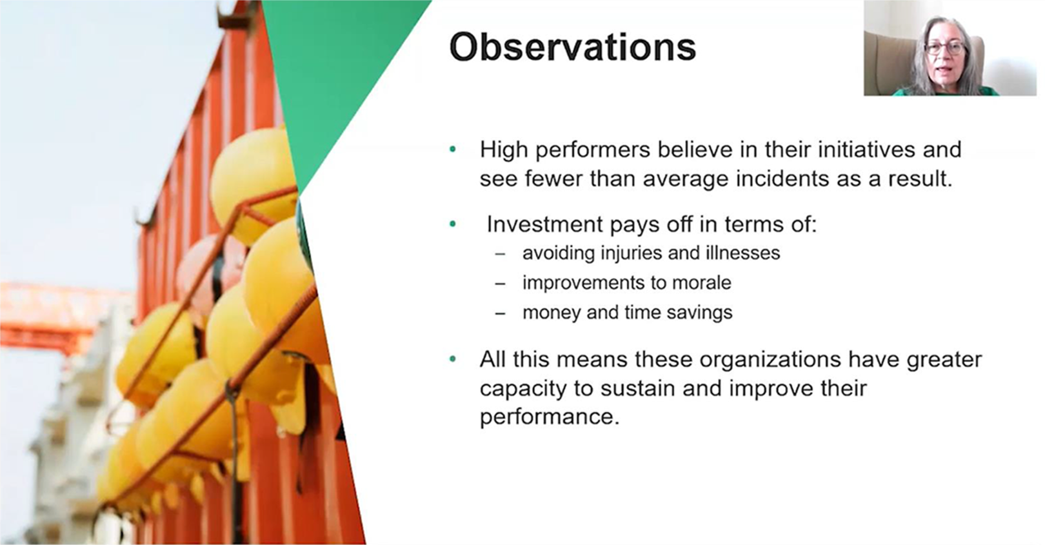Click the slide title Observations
[x=572, y=46]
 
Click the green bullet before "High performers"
[x=453, y=150]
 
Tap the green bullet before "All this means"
[x=453, y=359]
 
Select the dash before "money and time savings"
[x=500, y=313]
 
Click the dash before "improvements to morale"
[x=500, y=284]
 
